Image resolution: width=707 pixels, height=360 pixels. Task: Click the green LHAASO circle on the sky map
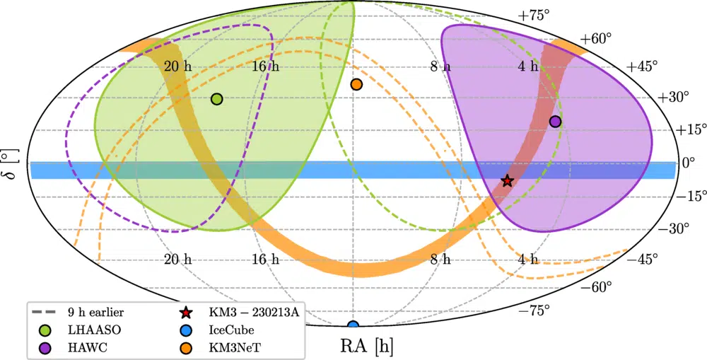coord(217,99)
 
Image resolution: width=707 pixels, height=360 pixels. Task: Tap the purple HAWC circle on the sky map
coord(555,122)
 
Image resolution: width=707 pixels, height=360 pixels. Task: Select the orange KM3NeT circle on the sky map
coord(356,85)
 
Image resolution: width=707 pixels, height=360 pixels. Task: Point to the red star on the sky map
coord(507,181)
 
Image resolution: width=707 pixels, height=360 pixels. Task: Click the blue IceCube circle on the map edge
coord(353,326)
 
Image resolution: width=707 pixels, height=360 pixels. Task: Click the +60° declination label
coord(597,38)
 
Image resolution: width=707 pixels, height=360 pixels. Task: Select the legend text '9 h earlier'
coord(96,311)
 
